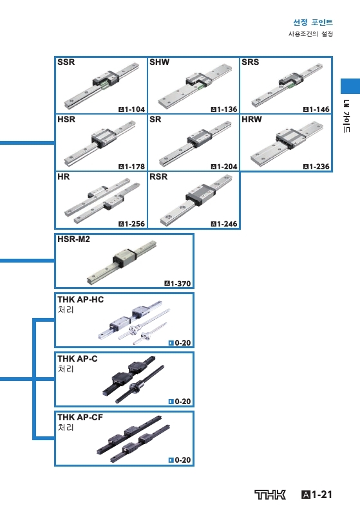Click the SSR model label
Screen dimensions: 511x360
[x=66, y=62]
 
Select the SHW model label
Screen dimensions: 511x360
[x=159, y=62]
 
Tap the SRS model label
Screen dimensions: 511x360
[x=250, y=62]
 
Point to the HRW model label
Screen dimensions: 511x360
[x=252, y=120]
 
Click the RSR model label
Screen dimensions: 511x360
[x=158, y=176]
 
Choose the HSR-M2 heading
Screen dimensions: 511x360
[x=73, y=239]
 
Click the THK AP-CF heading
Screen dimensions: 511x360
[x=80, y=417]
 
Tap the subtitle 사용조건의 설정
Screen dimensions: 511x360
[x=310, y=34]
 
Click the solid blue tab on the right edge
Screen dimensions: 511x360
[x=350, y=86]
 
